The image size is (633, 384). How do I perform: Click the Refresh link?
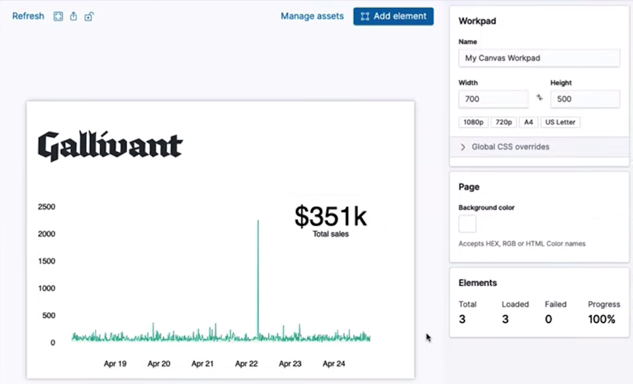point(28,16)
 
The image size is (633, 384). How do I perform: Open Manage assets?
point(312,16)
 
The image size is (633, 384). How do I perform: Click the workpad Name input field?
point(539,58)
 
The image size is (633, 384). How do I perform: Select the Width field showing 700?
point(493,99)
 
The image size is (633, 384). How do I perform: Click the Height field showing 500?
point(584,99)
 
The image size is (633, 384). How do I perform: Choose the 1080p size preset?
point(473,122)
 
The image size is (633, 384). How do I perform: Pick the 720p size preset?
point(503,122)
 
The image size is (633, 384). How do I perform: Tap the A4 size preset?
point(528,122)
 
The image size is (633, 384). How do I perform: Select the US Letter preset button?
point(560,122)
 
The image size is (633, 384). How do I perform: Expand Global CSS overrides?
point(510,146)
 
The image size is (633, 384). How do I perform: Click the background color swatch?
point(467,224)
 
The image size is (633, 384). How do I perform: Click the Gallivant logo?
point(111,146)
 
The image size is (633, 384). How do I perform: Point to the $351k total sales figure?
point(331,217)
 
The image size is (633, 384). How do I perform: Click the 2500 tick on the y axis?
point(46,207)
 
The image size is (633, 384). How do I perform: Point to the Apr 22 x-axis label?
point(247,364)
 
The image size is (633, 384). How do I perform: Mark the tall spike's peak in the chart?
point(258,221)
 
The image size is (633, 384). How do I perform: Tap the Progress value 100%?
point(602,319)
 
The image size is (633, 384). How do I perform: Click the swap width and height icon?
point(540,98)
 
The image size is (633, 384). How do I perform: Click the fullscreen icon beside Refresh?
point(58,17)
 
